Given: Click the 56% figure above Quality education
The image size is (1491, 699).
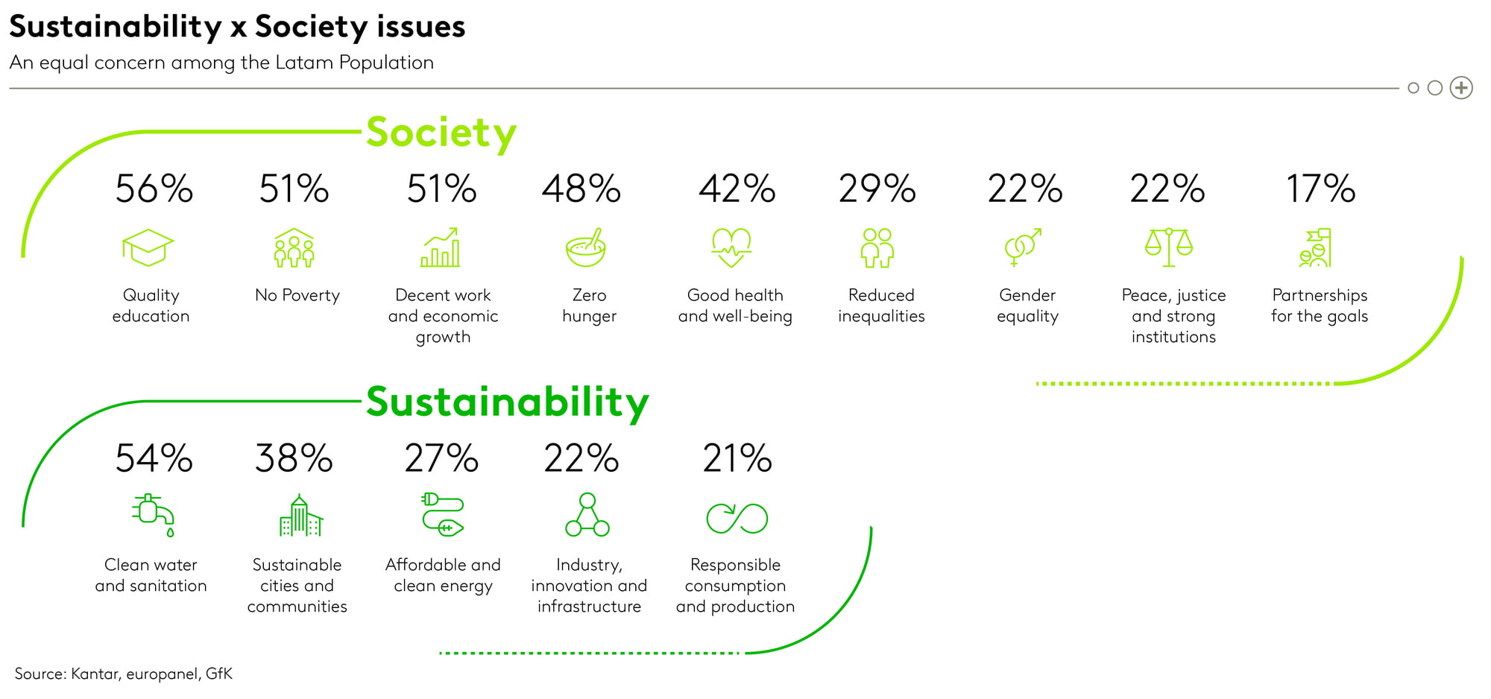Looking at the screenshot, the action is pyautogui.click(x=154, y=189).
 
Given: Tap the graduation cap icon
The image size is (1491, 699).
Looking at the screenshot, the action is pyautogui.click(x=148, y=247).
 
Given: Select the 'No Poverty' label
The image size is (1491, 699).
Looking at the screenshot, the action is pyautogui.click(x=297, y=295).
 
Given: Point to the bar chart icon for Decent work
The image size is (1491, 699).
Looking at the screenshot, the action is pyautogui.click(x=441, y=247).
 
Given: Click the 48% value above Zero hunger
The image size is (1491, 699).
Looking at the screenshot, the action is pyautogui.click(x=581, y=189).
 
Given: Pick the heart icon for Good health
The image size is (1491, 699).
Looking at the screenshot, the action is pyautogui.click(x=731, y=247).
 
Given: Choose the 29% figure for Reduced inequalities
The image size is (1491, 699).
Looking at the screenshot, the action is pyautogui.click(x=877, y=189).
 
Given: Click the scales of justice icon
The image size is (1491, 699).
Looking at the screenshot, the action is pyautogui.click(x=1169, y=247).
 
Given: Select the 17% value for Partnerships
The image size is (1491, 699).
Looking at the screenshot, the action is pyautogui.click(x=1320, y=189).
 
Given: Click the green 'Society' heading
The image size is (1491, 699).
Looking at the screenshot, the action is pyautogui.click(x=441, y=133).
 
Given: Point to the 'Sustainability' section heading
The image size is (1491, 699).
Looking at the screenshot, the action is pyautogui.click(x=508, y=402).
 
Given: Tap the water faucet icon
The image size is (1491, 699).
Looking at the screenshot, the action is pyautogui.click(x=154, y=515).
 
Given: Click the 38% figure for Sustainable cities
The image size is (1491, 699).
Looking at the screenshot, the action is pyautogui.click(x=294, y=458).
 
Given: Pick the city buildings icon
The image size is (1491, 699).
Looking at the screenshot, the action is pyautogui.click(x=300, y=515).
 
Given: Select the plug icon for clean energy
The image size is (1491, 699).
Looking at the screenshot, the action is pyautogui.click(x=443, y=514).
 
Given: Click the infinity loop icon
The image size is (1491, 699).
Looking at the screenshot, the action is pyautogui.click(x=737, y=519).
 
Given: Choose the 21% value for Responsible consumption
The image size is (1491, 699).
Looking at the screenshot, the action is pyautogui.click(x=737, y=458).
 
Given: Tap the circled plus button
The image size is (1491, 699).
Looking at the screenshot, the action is pyautogui.click(x=1461, y=88).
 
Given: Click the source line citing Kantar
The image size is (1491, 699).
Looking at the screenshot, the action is pyautogui.click(x=124, y=674).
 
